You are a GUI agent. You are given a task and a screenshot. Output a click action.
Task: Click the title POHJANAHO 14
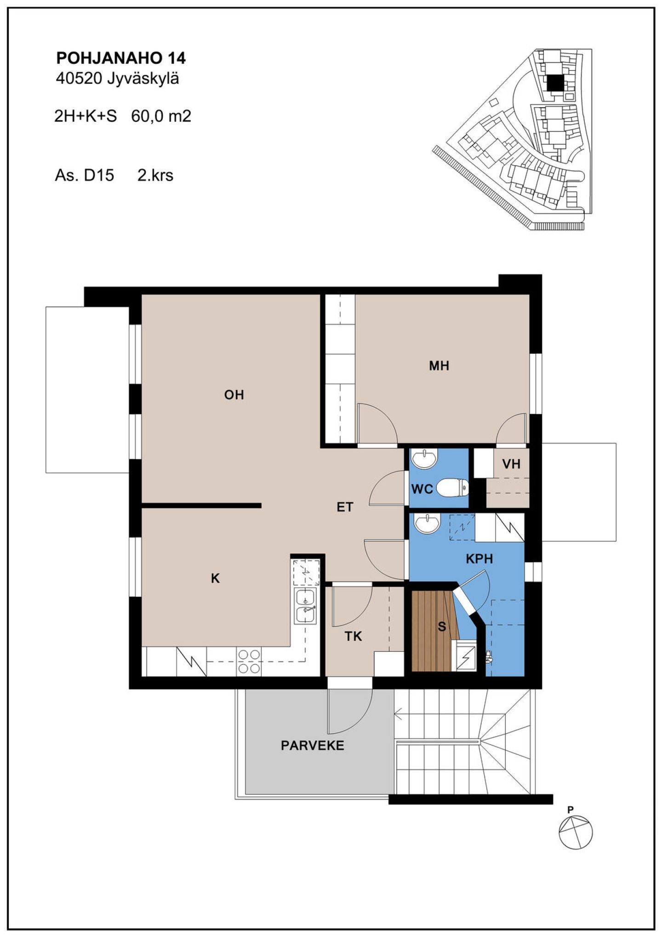tap(121, 58)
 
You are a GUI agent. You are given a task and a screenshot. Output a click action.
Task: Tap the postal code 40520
tap(79, 79)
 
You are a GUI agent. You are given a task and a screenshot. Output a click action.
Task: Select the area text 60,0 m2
tap(161, 116)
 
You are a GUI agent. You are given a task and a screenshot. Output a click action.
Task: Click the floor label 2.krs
tap(155, 175)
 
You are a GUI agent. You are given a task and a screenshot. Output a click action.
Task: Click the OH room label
tap(234, 395)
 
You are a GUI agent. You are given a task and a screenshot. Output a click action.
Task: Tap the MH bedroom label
tap(439, 366)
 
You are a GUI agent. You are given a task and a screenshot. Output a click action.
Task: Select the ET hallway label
tap(345, 507)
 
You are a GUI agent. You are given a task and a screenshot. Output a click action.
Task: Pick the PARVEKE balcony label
tap(313, 746)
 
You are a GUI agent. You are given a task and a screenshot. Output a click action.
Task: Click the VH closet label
tap(511, 464)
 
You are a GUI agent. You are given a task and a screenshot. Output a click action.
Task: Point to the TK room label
tap(353, 636)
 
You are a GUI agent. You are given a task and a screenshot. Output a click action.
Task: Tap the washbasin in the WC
tap(424, 459)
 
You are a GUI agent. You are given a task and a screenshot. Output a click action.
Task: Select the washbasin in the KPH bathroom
tap(427, 523)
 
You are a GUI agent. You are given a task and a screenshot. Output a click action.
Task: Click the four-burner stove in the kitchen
tap(249, 661)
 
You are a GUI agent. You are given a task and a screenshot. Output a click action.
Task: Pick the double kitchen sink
tap(306, 606)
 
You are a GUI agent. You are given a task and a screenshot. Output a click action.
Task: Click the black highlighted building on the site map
tap(555, 83)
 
